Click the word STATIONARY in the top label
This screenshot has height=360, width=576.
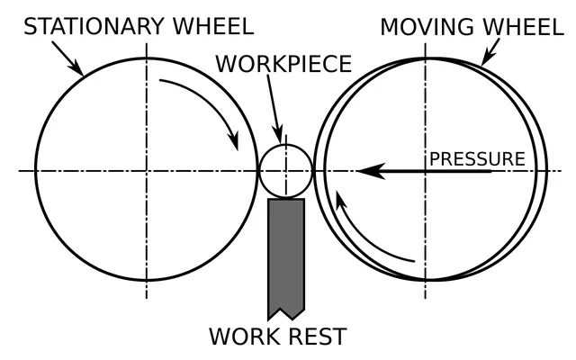pos(94,26)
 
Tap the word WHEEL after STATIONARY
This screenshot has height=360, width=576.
pos(213,26)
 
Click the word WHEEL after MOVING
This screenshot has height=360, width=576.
pos(523,27)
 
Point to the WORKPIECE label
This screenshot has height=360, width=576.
pos(283,64)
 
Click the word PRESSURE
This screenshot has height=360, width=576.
pos(477,159)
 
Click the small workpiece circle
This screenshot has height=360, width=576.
pos(260,171)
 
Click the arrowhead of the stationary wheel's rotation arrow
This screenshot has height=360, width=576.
pos(234,141)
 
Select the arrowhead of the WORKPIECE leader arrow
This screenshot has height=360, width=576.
pos(279,135)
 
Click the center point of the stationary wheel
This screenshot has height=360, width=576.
pos(147,171)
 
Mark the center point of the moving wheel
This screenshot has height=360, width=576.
pos(426,171)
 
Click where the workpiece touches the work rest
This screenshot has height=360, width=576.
pos(286,198)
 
